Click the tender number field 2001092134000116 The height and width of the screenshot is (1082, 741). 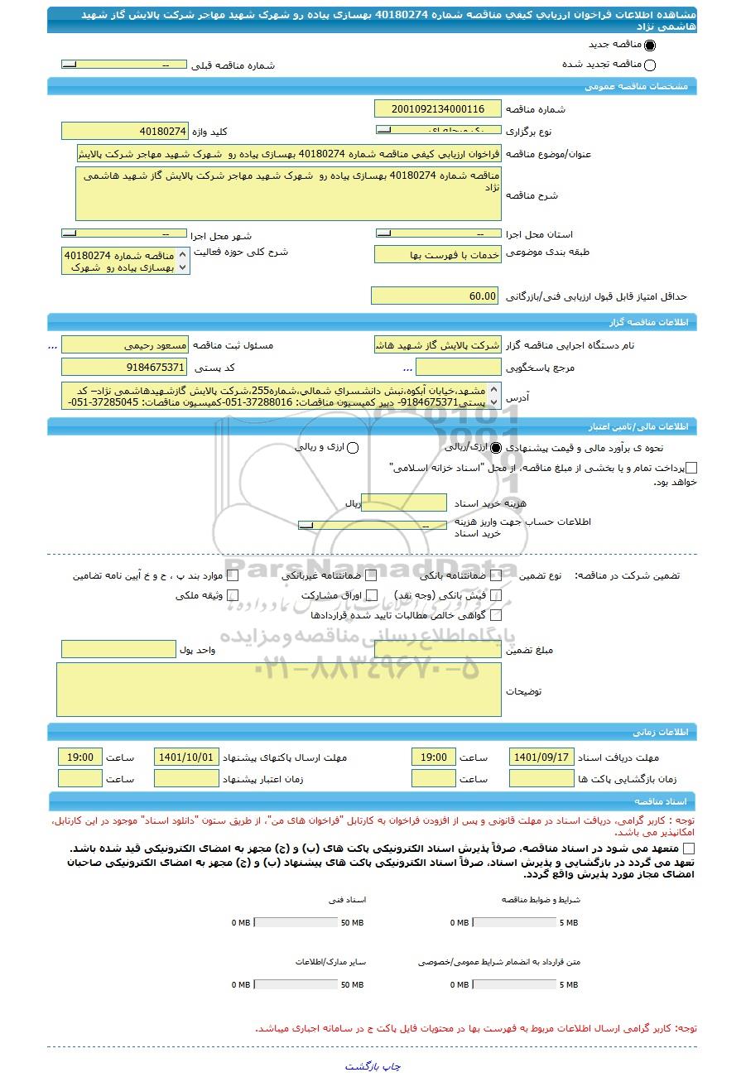coord(438,109)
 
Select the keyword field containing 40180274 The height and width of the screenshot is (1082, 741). coord(125,132)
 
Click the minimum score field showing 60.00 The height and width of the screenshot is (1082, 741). coord(435,296)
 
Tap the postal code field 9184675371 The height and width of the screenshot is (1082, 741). coord(125,367)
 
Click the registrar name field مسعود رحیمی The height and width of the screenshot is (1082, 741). coord(125,344)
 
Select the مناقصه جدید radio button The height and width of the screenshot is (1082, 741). coord(649,46)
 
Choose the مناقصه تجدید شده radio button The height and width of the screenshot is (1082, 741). coord(649,65)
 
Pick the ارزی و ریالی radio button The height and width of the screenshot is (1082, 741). coord(353,448)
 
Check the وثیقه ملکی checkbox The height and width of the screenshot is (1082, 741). coord(233,595)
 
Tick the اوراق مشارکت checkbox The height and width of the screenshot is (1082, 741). coord(372,595)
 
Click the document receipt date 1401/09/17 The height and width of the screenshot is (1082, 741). coord(541,757)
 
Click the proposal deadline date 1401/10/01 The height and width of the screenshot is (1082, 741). coord(186,757)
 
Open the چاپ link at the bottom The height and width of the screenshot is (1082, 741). coord(390,1066)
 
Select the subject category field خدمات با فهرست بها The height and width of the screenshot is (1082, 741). coord(438,255)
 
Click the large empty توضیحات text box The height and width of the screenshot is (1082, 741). coord(279,690)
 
